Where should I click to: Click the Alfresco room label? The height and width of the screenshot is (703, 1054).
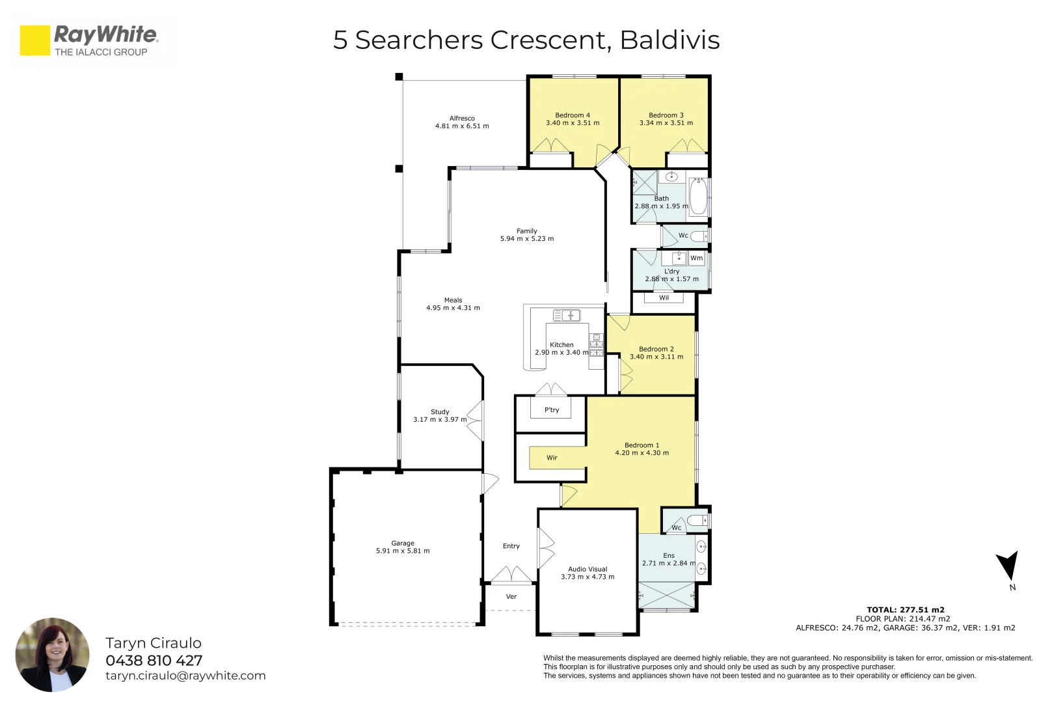pyautogui.click(x=462, y=118)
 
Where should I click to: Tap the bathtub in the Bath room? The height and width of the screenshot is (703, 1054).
pyautogui.click(x=698, y=197)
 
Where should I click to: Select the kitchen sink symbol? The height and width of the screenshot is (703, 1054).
pyautogui.click(x=566, y=316)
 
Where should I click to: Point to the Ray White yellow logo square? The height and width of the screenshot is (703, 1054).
pyautogui.click(x=35, y=40)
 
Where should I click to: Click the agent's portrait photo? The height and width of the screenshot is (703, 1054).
pyautogui.click(x=52, y=654)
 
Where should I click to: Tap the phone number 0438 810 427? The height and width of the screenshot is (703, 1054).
pyautogui.click(x=154, y=661)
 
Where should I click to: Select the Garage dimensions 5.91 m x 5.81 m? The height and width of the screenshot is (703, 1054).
pyautogui.click(x=403, y=551)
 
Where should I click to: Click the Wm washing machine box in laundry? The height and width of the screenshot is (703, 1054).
pyautogui.click(x=697, y=258)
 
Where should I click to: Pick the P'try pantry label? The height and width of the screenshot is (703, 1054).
pyautogui.click(x=552, y=410)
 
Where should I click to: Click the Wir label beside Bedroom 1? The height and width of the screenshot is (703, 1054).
pyautogui.click(x=552, y=458)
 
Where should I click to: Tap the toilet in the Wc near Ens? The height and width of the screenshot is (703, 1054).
pyautogui.click(x=697, y=520)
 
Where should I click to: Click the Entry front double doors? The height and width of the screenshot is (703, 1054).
pyautogui.click(x=511, y=575)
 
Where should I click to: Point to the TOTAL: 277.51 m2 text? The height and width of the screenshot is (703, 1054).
pyautogui.click(x=905, y=610)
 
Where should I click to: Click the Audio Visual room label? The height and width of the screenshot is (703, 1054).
pyautogui.click(x=588, y=569)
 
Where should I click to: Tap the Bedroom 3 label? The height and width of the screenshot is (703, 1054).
pyautogui.click(x=666, y=115)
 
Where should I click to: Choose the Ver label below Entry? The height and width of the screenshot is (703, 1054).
pyautogui.click(x=511, y=596)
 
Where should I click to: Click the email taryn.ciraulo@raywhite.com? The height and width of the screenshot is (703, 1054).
pyautogui.click(x=185, y=676)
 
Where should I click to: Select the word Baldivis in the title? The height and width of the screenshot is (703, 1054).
pyautogui.click(x=669, y=40)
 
